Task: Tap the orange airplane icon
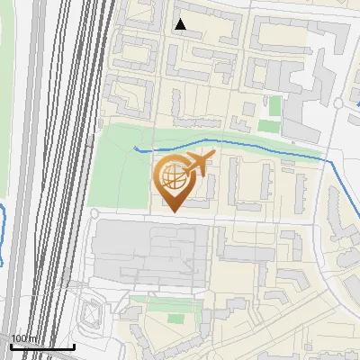197,163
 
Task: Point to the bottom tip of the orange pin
172,211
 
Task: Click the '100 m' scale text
24,338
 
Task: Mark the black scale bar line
42,346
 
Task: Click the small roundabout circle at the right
338,103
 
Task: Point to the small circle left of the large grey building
95,213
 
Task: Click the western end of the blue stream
136,146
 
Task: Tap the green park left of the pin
117,171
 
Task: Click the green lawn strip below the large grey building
166,304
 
